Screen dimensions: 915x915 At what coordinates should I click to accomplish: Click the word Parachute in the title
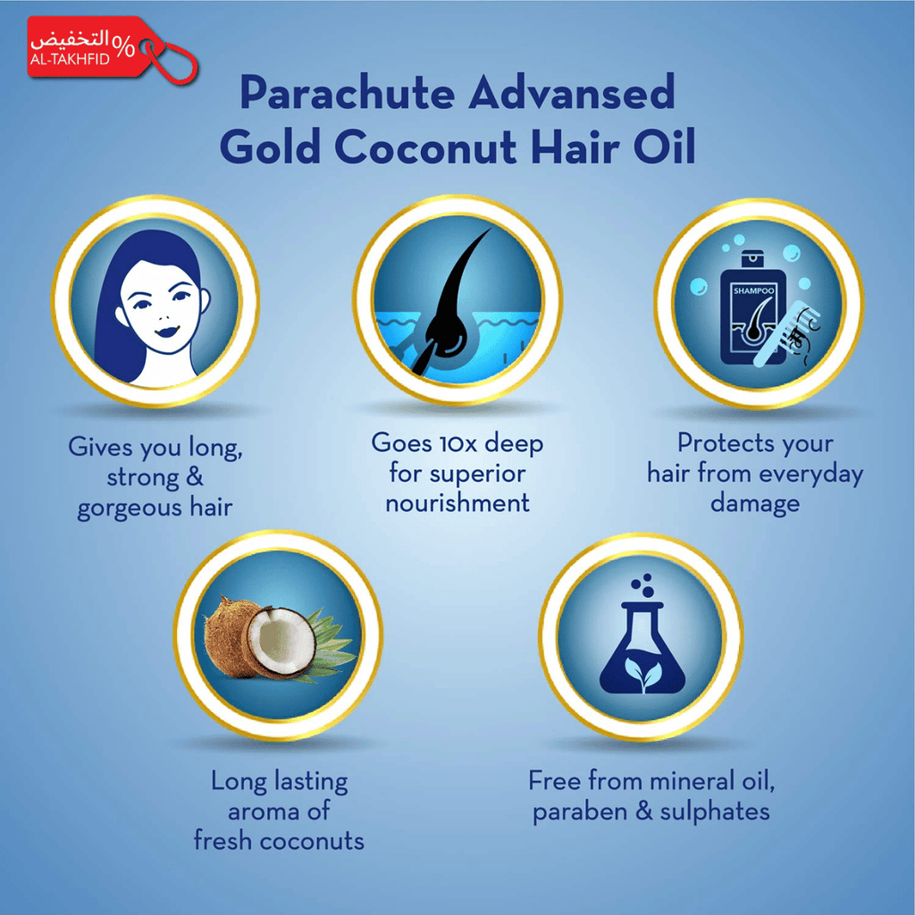(348, 92)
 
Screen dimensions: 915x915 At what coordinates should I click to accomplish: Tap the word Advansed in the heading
(572, 92)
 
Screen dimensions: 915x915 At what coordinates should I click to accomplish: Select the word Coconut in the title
(426, 147)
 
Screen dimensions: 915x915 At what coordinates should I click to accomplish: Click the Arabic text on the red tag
(70, 39)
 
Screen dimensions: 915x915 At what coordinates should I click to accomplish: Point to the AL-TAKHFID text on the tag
(70, 59)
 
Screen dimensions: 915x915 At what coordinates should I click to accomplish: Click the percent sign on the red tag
(123, 46)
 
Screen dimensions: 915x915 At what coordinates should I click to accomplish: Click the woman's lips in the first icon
(167, 331)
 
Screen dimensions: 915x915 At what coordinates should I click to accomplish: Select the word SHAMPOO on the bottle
(753, 290)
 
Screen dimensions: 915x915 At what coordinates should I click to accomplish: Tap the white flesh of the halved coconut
(282, 640)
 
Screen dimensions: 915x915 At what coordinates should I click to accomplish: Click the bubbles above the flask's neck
(643, 585)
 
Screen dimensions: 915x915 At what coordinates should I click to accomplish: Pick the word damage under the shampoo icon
(754, 504)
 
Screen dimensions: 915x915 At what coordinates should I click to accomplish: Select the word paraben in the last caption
(579, 812)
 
